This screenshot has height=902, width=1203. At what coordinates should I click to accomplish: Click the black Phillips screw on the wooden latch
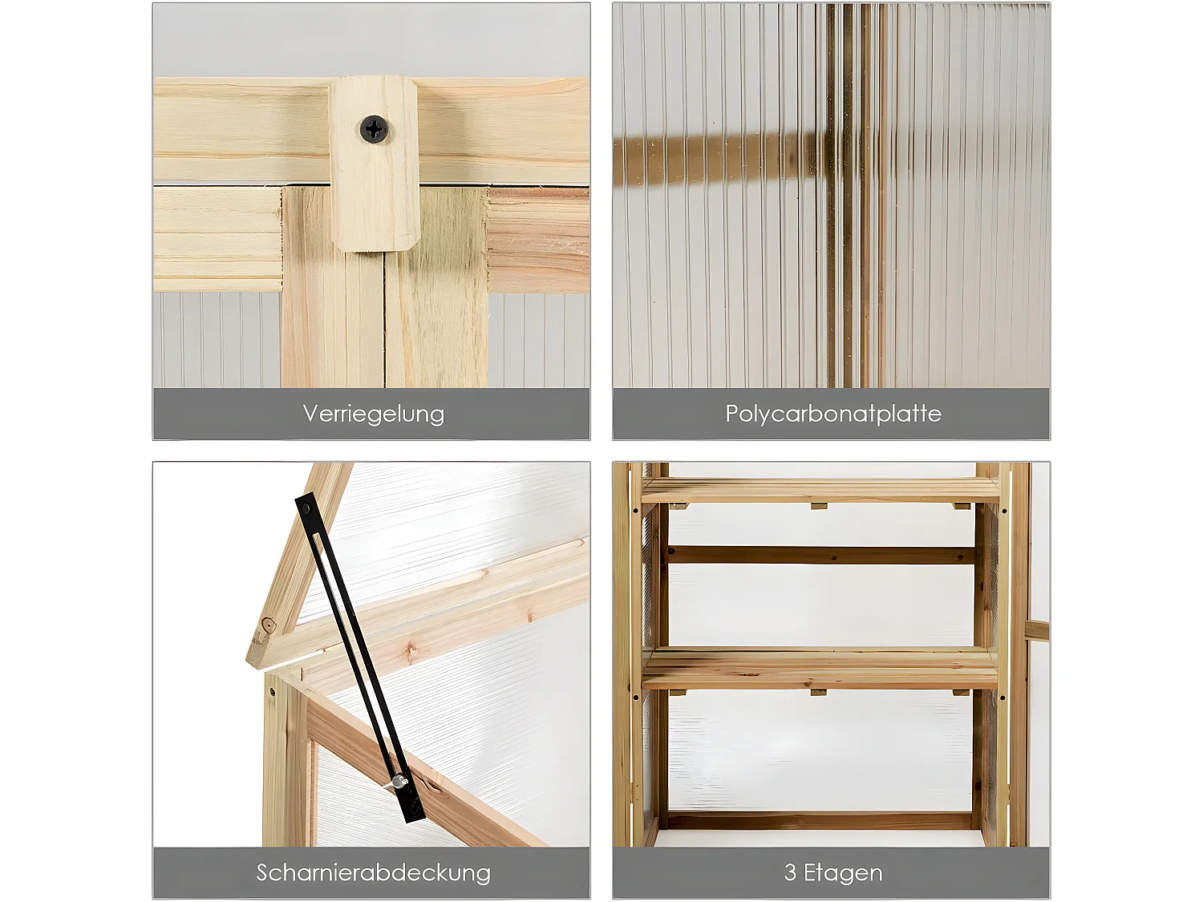(x=375, y=130)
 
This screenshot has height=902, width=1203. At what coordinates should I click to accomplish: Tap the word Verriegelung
(x=373, y=414)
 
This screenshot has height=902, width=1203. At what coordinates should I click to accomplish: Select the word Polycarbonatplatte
(x=833, y=414)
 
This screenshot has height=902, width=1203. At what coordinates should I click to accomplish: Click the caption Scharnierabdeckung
(x=373, y=872)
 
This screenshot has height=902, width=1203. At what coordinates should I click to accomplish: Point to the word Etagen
(x=843, y=873)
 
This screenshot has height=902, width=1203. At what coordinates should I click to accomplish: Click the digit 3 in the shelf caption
(x=790, y=873)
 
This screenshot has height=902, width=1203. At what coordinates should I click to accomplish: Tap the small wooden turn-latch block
(x=375, y=164)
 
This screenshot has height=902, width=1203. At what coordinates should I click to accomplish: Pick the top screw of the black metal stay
(x=306, y=510)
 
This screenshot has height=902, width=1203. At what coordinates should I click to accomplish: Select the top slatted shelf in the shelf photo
(x=820, y=490)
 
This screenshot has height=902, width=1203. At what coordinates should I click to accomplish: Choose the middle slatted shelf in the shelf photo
(x=820, y=668)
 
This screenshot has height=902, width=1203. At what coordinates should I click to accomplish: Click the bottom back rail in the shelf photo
(x=820, y=821)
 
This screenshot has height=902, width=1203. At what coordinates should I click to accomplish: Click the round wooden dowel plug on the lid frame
(x=268, y=625)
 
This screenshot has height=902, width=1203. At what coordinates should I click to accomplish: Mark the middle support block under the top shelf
(x=819, y=506)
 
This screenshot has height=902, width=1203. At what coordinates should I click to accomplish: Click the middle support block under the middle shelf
(x=818, y=693)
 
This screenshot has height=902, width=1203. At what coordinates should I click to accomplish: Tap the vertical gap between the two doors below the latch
(x=384, y=321)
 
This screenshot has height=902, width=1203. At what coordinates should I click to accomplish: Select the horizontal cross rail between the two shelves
(x=820, y=555)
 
